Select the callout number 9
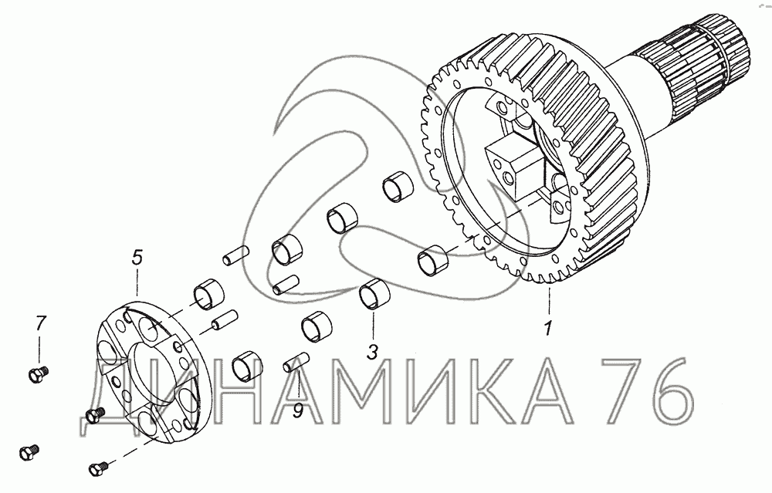pos(298,411)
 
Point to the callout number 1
pos(548,328)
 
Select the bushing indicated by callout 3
pos(374,294)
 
